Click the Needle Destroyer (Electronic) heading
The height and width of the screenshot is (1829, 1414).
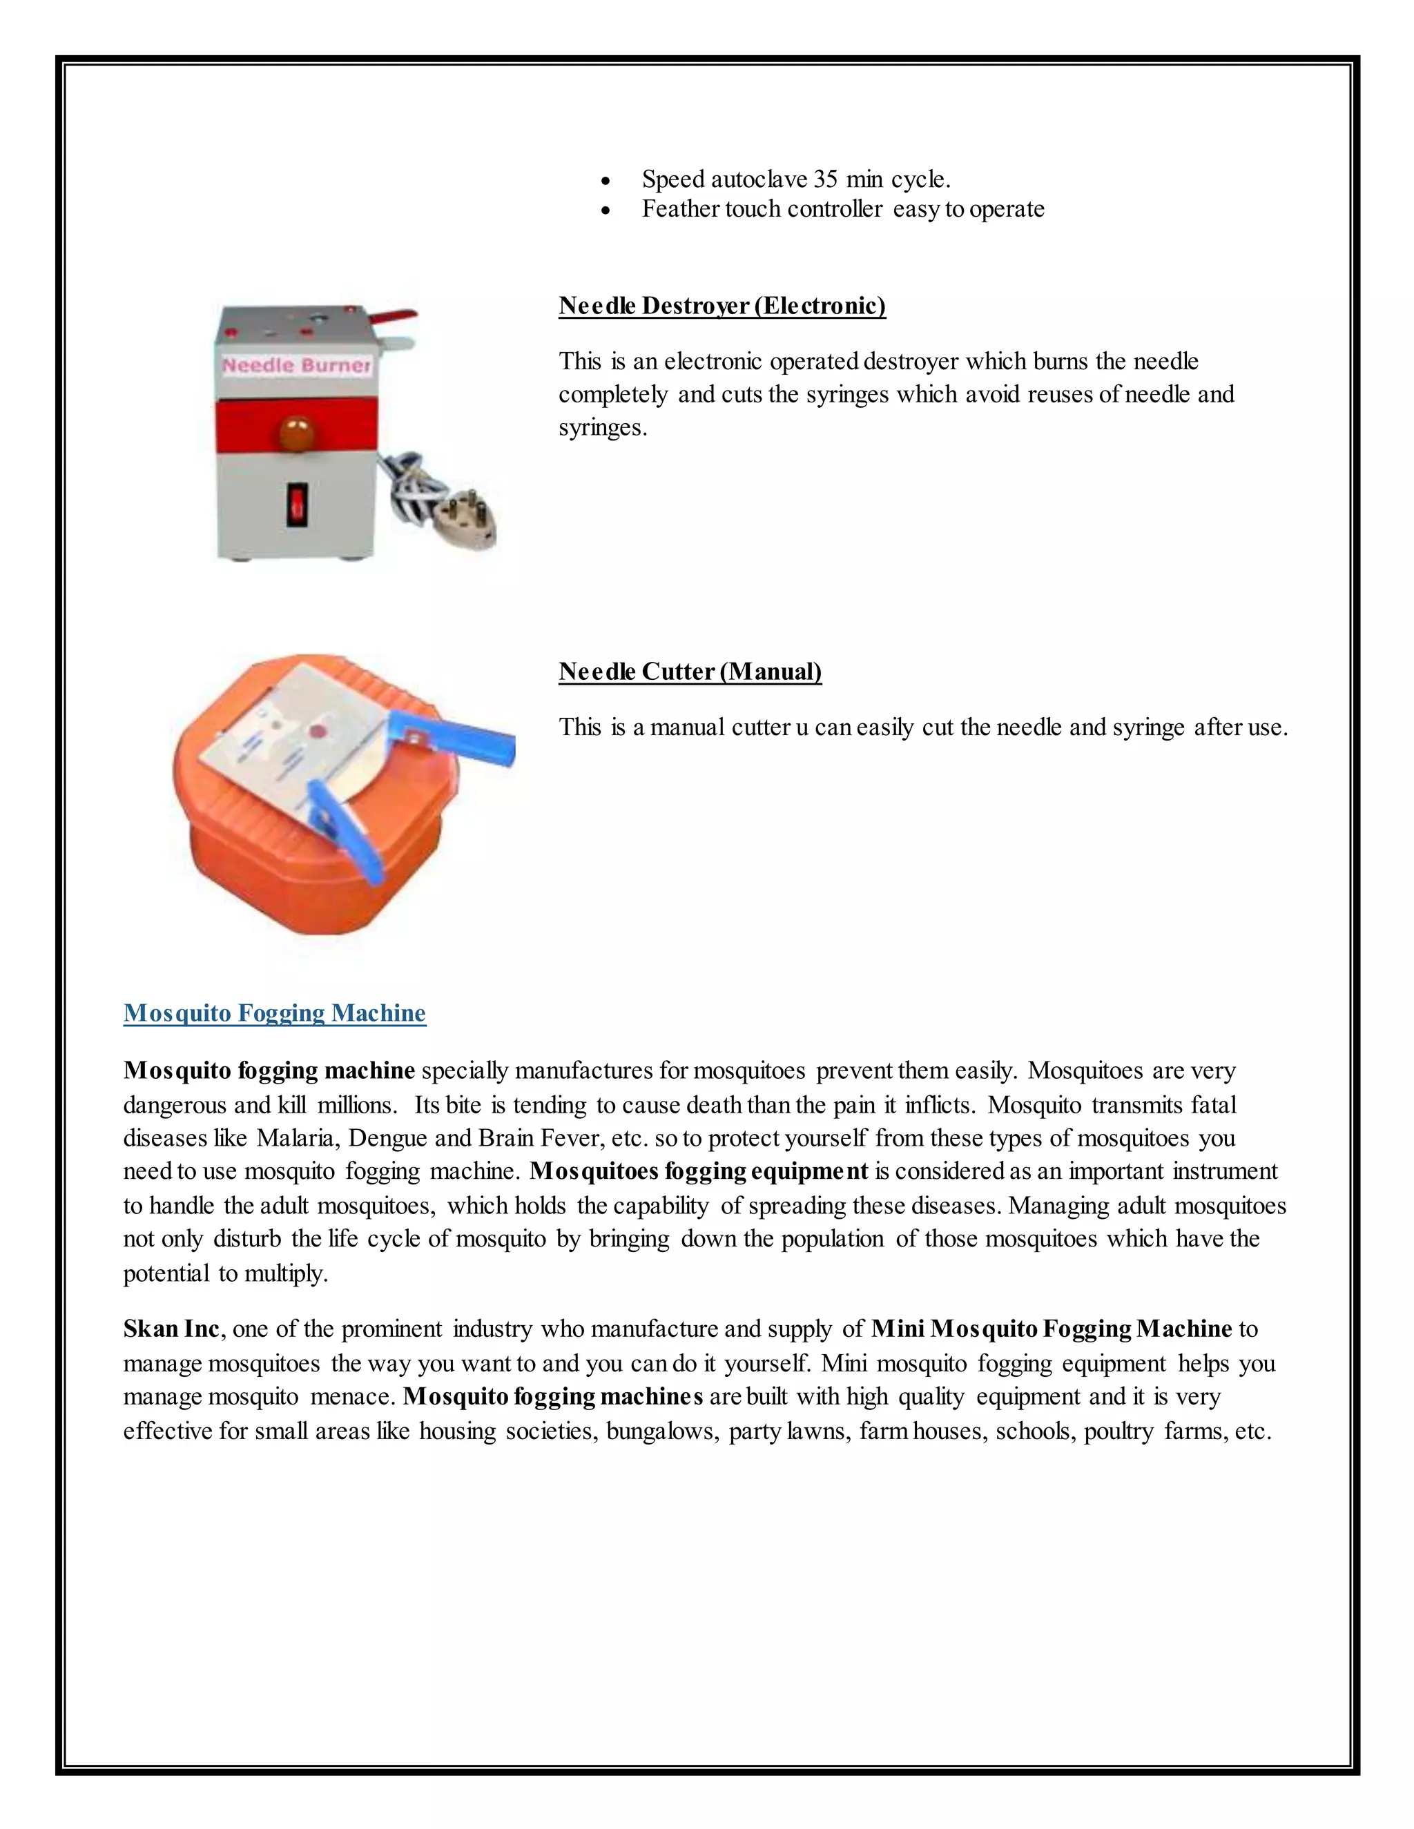tap(721, 306)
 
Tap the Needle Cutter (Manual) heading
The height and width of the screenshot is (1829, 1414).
tap(690, 672)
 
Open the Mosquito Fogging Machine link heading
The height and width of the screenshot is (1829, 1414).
tap(275, 1013)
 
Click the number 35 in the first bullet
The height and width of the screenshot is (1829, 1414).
tap(825, 179)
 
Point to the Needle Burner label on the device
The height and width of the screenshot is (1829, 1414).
tap(296, 365)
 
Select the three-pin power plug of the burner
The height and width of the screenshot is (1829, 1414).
tap(467, 518)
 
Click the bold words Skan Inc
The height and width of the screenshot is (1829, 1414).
tap(172, 1329)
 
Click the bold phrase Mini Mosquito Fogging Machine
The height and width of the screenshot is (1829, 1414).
tap(1052, 1329)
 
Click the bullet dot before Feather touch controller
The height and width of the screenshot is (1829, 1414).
tap(606, 211)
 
